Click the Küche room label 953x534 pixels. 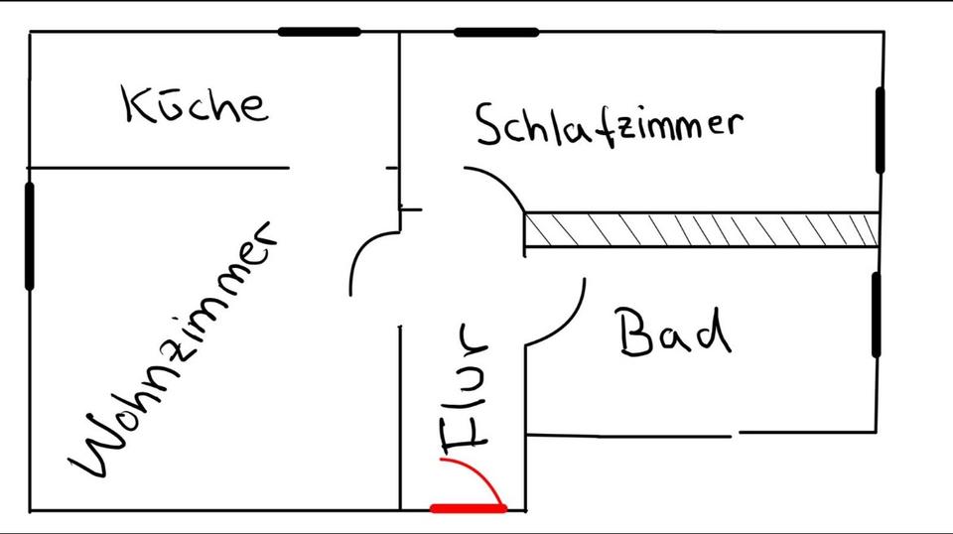pyautogui.click(x=196, y=104)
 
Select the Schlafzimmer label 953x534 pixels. pyautogui.click(x=608, y=126)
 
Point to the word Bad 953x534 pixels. pyautogui.click(x=674, y=333)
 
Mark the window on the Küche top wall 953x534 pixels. pyautogui.click(x=319, y=32)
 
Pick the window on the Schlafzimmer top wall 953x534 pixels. pyautogui.click(x=496, y=32)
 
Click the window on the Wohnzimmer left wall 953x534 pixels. pyautogui.click(x=29, y=235)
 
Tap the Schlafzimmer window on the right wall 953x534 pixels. pyautogui.click(x=880, y=129)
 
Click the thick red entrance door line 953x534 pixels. pyautogui.click(x=469, y=508)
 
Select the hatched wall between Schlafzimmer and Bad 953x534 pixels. pyautogui.click(x=701, y=230)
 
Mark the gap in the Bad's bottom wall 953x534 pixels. pyautogui.click(x=736, y=434)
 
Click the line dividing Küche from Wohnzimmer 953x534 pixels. pyautogui.click(x=159, y=168)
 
